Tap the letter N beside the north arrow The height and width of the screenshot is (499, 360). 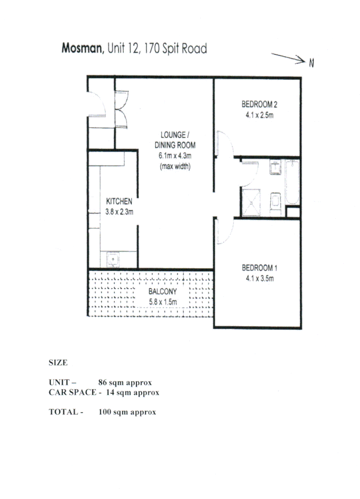point(312,63)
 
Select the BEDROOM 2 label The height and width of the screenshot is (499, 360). point(259,104)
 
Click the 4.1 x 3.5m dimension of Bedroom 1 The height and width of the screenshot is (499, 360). point(259,278)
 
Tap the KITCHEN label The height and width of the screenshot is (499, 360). point(120,201)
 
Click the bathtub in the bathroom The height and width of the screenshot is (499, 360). point(292,183)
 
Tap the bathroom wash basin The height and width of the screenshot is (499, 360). point(276,167)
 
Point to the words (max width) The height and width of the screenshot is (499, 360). point(175,167)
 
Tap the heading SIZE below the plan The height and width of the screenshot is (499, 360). point(58,363)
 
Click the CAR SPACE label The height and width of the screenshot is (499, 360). point(72,392)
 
